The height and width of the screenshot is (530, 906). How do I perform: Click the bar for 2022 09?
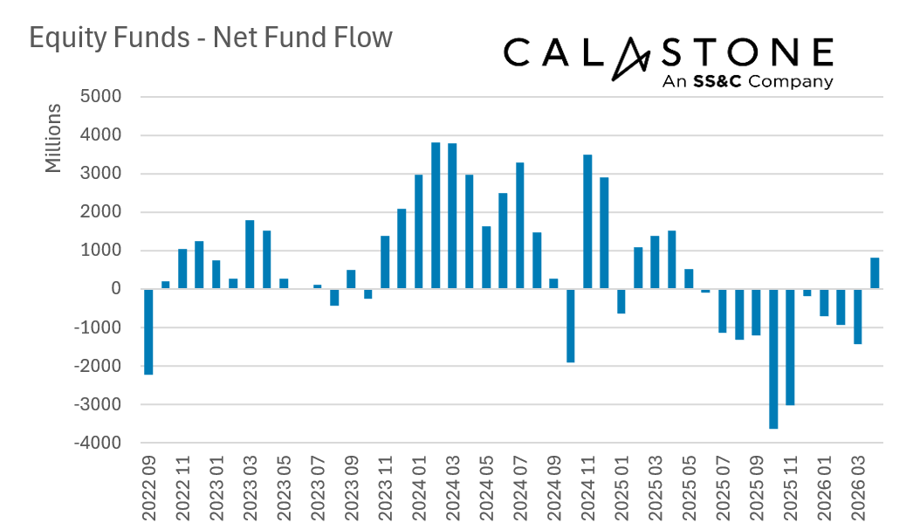pos(148,332)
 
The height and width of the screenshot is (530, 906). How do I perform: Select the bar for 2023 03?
pos(250,254)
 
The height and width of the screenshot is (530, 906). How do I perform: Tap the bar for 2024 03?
pos(452,217)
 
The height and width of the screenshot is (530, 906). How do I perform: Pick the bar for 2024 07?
pos(520,226)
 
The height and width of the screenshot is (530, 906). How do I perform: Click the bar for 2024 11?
pos(587,222)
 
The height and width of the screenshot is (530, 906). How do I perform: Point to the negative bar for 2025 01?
pos(621,301)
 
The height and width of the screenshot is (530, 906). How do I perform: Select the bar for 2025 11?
pos(790,348)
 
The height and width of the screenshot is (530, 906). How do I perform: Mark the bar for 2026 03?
pos(857,317)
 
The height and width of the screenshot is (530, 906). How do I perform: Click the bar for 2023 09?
pos(351,279)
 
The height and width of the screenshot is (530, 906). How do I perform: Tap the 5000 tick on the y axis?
pos(100,97)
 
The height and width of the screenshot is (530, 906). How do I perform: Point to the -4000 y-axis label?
pos(98,443)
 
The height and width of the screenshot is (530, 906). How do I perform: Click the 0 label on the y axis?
pos(116,289)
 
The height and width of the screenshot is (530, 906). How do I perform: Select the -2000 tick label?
pos(98,366)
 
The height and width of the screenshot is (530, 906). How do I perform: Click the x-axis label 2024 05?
pos(486,488)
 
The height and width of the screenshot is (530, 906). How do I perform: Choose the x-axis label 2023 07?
pos(318,488)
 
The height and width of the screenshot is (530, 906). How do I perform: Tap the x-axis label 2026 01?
pos(824,488)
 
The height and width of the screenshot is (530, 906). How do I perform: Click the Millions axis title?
pos(52,138)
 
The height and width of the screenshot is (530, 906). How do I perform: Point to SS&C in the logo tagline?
pos(717,81)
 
